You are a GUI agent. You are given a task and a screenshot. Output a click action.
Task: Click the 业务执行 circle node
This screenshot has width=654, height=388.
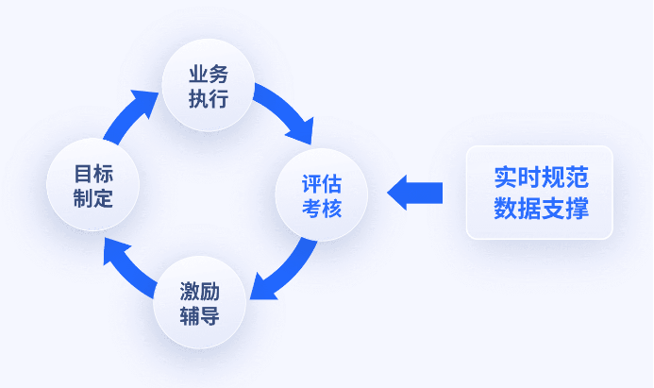pyautogui.click(x=208, y=86)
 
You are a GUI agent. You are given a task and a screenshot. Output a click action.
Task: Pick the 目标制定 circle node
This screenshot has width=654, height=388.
pyautogui.click(x=93, y=186)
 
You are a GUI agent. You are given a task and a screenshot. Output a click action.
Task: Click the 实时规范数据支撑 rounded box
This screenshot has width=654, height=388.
pyautogui.click(x=539, y=193)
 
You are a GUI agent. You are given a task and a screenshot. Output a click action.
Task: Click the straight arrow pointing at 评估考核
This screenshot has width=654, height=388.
pyautogui.click(x=415, y=193)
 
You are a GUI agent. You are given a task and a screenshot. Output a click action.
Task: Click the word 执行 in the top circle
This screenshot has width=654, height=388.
pyautogui.click(x=208, y=98)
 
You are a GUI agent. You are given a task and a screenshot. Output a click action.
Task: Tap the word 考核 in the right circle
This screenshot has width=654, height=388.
pyautogui.click(x=322, y=208)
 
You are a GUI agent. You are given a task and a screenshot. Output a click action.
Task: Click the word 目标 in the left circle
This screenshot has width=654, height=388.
pyautogui.click(x=93, y=174)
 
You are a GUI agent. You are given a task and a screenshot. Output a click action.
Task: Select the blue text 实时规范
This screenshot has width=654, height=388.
pyautogui.click(x=541, y=178)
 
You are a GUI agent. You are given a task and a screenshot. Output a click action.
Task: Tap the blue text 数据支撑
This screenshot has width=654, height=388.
pyautogui.click(x=541, y=209)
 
